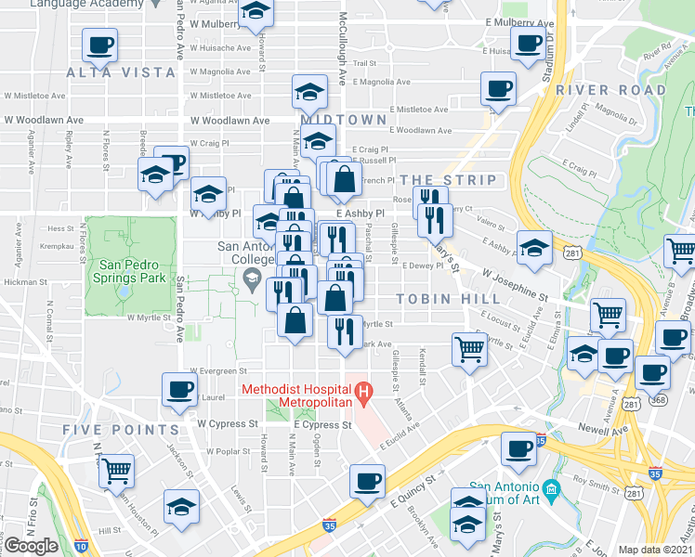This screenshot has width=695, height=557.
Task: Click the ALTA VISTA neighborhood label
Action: coord(121,72)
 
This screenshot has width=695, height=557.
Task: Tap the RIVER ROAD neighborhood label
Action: coord(611,91)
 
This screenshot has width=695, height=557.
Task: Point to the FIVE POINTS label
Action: coord(121,430)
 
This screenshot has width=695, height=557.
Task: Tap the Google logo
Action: coord(31,546)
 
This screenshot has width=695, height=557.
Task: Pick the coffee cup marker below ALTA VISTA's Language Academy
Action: coord(101,44)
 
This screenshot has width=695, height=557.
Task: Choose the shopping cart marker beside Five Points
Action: coord(117,471)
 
